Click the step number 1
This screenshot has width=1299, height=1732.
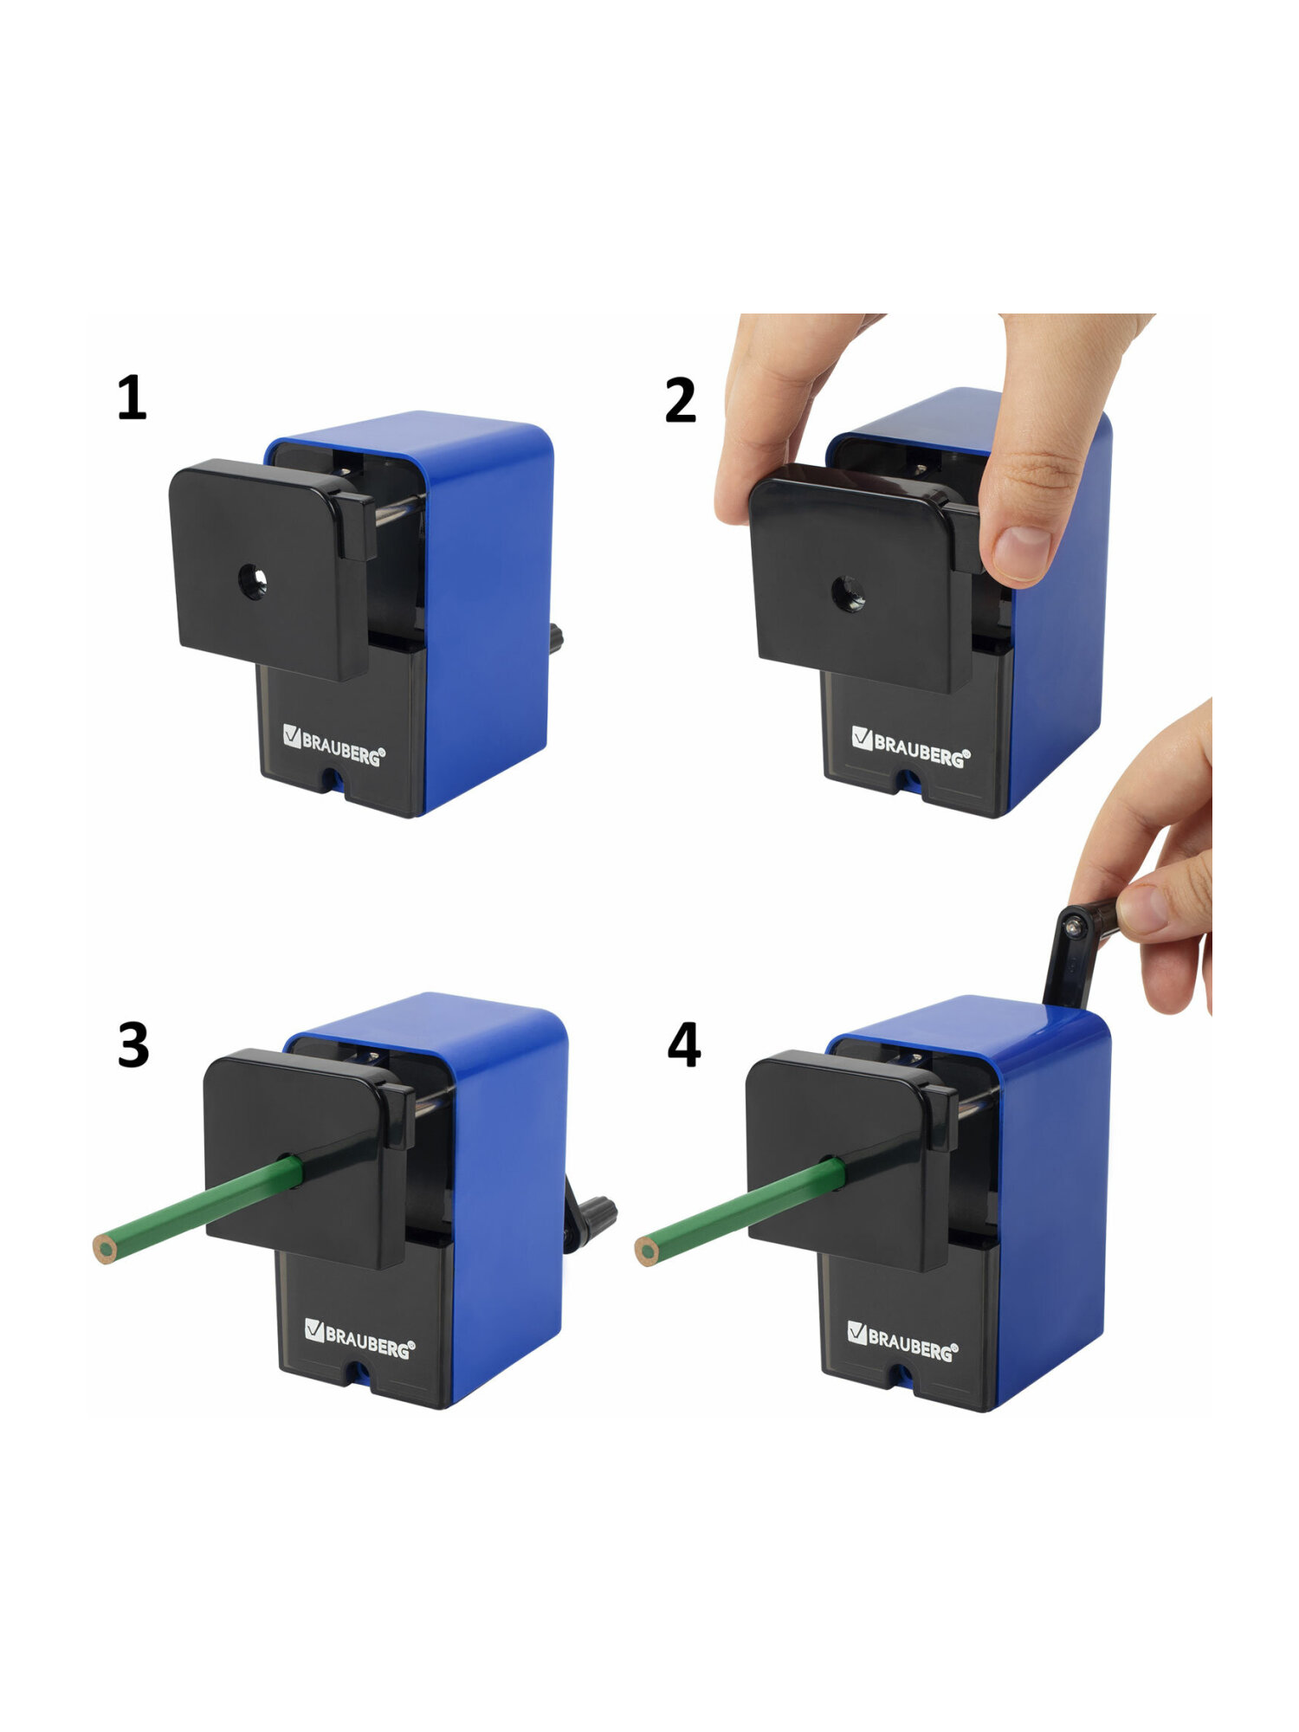point(132,397)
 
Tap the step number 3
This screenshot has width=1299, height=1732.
point(133,1044)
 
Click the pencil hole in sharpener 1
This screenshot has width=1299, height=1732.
point(253,582)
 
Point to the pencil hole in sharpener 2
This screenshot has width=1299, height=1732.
point(848,594)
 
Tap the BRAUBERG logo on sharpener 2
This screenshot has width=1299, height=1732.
point(911,746)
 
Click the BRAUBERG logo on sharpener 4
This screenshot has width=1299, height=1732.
point(902,1341)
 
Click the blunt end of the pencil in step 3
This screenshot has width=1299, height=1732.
point(105,1250)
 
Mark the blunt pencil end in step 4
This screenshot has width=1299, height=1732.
point(647,1251)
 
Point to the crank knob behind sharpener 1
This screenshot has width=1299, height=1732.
point(555,639)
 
